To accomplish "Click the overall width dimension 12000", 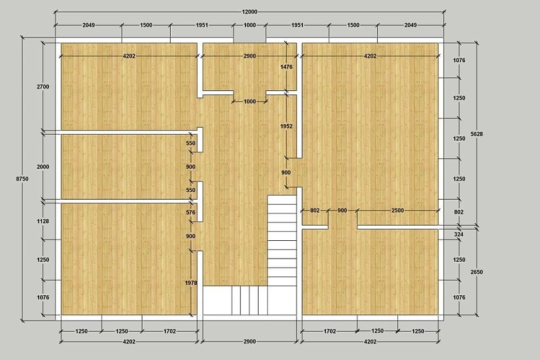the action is pyautogui.click(x=249, y=12).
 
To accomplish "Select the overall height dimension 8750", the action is pyautogui.click(x=22, y=179).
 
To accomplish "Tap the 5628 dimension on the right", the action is pyautogui.click(x=477, y=134).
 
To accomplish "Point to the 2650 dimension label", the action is pyautogui.click(x=477, y=272).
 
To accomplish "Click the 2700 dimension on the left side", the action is pyautogui.click(x=43, y=87).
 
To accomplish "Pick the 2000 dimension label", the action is pyautogui.click(x=43, y=167).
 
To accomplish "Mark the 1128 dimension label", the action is pyautogui.click(x=43, y=221).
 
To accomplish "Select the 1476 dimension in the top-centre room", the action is pyautogui.click(x=286, y=67).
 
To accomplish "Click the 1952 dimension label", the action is pyautogui.click(x=286, y=126).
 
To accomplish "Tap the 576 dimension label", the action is pyautogui.click(x=190, y=213).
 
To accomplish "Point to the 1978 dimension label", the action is pyautogui.click(x=190, y=283).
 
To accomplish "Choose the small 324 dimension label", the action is pyautogui.click(x=459, y=234).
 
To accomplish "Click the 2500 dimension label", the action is pyautogui.click(x=397, y=210).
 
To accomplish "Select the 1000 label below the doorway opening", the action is pyautogui.click(x=249, y=101).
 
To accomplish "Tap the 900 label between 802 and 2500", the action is pyautogui.click(x=342, y=210).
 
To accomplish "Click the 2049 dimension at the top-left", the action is pyautogui.click(x=88, y=25).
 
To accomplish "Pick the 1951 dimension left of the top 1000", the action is pyautogui.click(x=202, y=25).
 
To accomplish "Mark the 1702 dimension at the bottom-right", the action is pyautogui.click(x=330, y=331).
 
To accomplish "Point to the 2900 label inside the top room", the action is pyautogui.click(x=249, y=56).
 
